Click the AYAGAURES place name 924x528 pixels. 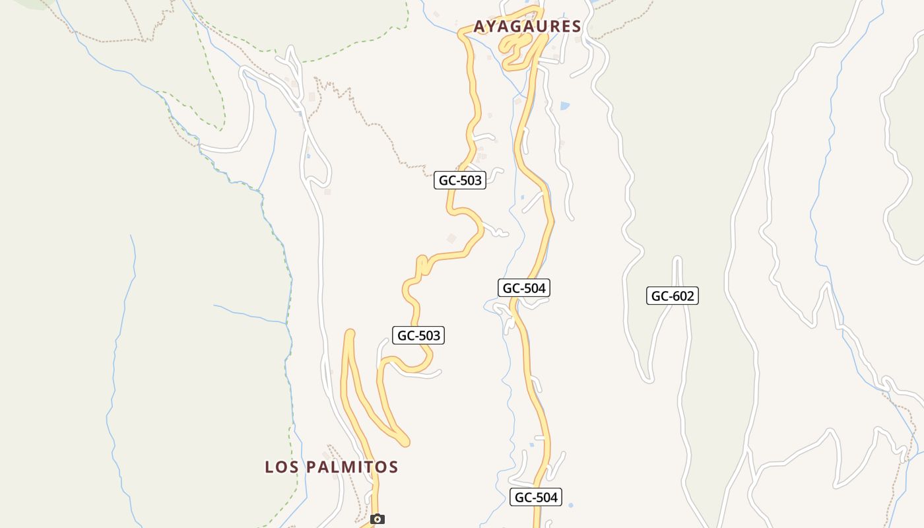pos(527,26)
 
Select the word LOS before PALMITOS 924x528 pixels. pos(279,467)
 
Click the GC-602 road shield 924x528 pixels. pos(672,296)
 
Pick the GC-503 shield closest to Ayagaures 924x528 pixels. pos(459,180)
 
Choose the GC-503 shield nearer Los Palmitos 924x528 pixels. pos(418,335)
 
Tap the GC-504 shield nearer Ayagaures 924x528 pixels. pos(523,288)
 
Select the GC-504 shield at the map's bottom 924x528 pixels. pos(535,498)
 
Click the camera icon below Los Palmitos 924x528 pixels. pos(377,519)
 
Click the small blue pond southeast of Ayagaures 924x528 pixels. pos(564,105)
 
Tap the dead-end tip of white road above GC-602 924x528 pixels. pos(676,260)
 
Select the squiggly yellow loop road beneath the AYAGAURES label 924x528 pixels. pos(518,49)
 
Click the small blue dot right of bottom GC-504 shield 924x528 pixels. pos(570,506)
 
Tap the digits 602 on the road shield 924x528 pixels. pos(682,296)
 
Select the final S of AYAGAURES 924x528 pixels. pos(576,26)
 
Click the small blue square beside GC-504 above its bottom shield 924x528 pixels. pos(532,445)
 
